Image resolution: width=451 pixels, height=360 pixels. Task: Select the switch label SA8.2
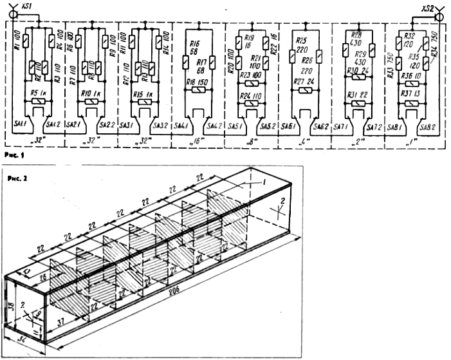click(425, 129)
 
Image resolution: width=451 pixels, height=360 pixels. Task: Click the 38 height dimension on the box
click(12, 305)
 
